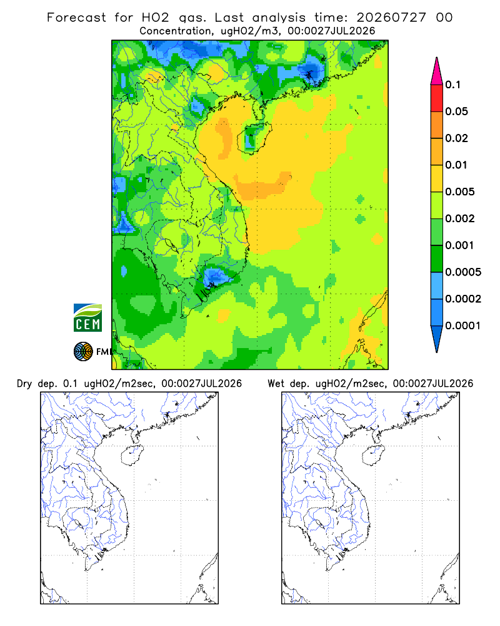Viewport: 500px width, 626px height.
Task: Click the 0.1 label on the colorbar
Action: (x=452, y=85)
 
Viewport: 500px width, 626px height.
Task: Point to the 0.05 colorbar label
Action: (x=456, y=111)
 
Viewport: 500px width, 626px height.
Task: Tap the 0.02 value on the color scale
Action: (x=456, y=138)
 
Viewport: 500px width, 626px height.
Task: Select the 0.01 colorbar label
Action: (x=456, y=165)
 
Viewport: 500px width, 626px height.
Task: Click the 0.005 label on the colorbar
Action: (x=460, y=192)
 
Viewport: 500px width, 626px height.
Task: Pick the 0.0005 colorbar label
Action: (x=463, y=272)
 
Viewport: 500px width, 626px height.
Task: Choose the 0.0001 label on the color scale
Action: (x=463, y=326)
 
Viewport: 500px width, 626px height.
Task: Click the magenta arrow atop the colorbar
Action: (x=437, y=72)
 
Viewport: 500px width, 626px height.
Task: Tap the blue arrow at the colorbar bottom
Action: (x=437, y=338)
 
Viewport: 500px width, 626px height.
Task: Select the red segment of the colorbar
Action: (x=437, y=98)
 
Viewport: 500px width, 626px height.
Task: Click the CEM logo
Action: (x=87, y=318)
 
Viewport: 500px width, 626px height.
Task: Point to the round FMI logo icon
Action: (x=83, y=351)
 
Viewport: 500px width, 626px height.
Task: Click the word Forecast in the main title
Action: (x=76, y=18)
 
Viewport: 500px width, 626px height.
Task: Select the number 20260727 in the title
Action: (x=391, y=18)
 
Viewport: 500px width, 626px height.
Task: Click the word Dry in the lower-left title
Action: (x=24, y=384)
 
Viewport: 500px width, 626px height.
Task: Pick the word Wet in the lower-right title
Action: (x=276, y=384)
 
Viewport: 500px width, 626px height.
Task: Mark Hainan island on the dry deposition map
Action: (x=132, y=456)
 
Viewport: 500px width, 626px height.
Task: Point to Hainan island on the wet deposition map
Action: (x=373, y=456)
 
